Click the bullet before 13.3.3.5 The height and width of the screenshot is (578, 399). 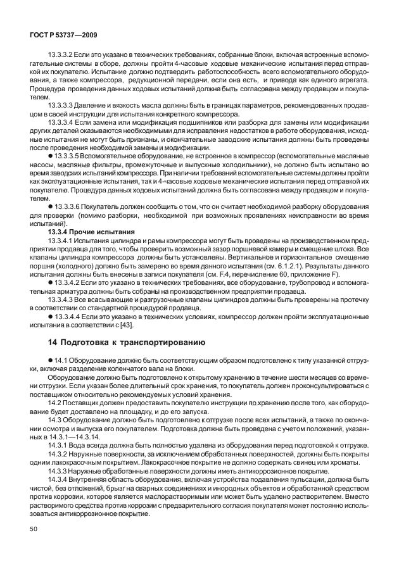(50, 154)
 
